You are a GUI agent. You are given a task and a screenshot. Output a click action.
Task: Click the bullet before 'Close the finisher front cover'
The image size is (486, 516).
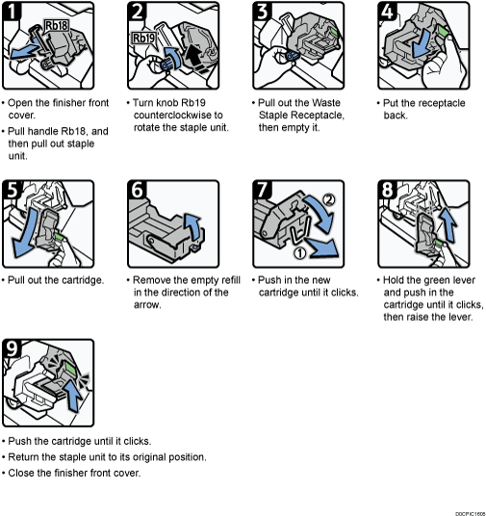click(5, 473)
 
